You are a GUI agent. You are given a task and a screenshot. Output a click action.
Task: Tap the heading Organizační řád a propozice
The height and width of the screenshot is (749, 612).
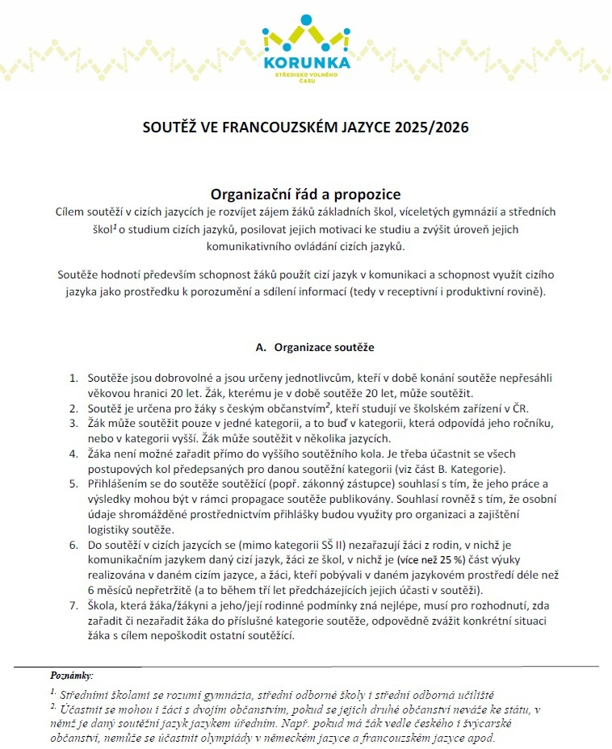click(x=305, y=195)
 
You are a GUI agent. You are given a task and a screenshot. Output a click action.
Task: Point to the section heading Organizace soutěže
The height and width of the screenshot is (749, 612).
click(x=324, y=348)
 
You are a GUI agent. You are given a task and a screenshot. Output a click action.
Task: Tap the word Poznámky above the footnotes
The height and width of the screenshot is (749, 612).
click(x=72, y=674)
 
